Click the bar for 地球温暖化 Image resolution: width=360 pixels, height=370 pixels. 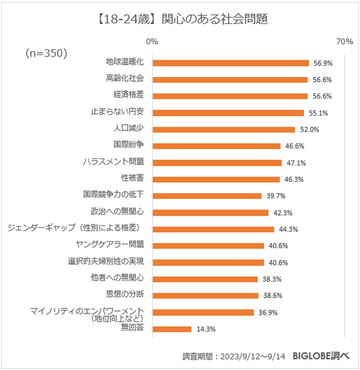pyautogui.click(x=230, y=63)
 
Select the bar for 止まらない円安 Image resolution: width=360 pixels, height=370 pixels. pyautogui.click(x=228, y=112)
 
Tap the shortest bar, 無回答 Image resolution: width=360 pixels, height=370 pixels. pyautogui.click(x=172, y=329)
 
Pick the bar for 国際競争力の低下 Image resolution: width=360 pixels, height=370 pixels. pyautogui.click(x=207, y=195)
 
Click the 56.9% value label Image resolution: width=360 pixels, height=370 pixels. pyautogui.click(x=323, y=63)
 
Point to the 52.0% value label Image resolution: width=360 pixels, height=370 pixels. pyautogui.click(x=309, y=129)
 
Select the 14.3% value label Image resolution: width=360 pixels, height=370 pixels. pyautogui.click(x=206, y=329)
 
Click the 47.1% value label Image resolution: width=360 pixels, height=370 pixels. pyautogui.click(x=296, y=162)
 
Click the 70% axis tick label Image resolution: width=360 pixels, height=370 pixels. pyautogui.click(x=344, y=42)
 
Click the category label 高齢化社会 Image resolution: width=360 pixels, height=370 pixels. pyautogui.click(x=124, y=79)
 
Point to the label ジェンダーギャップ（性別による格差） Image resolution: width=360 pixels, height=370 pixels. pyautogui.click(x=78, y=228)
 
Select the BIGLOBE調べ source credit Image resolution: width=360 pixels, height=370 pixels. pyautogui.click(x=321, y=355)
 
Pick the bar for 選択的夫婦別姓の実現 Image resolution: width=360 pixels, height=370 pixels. pyautogui.click(x=208, y=262)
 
